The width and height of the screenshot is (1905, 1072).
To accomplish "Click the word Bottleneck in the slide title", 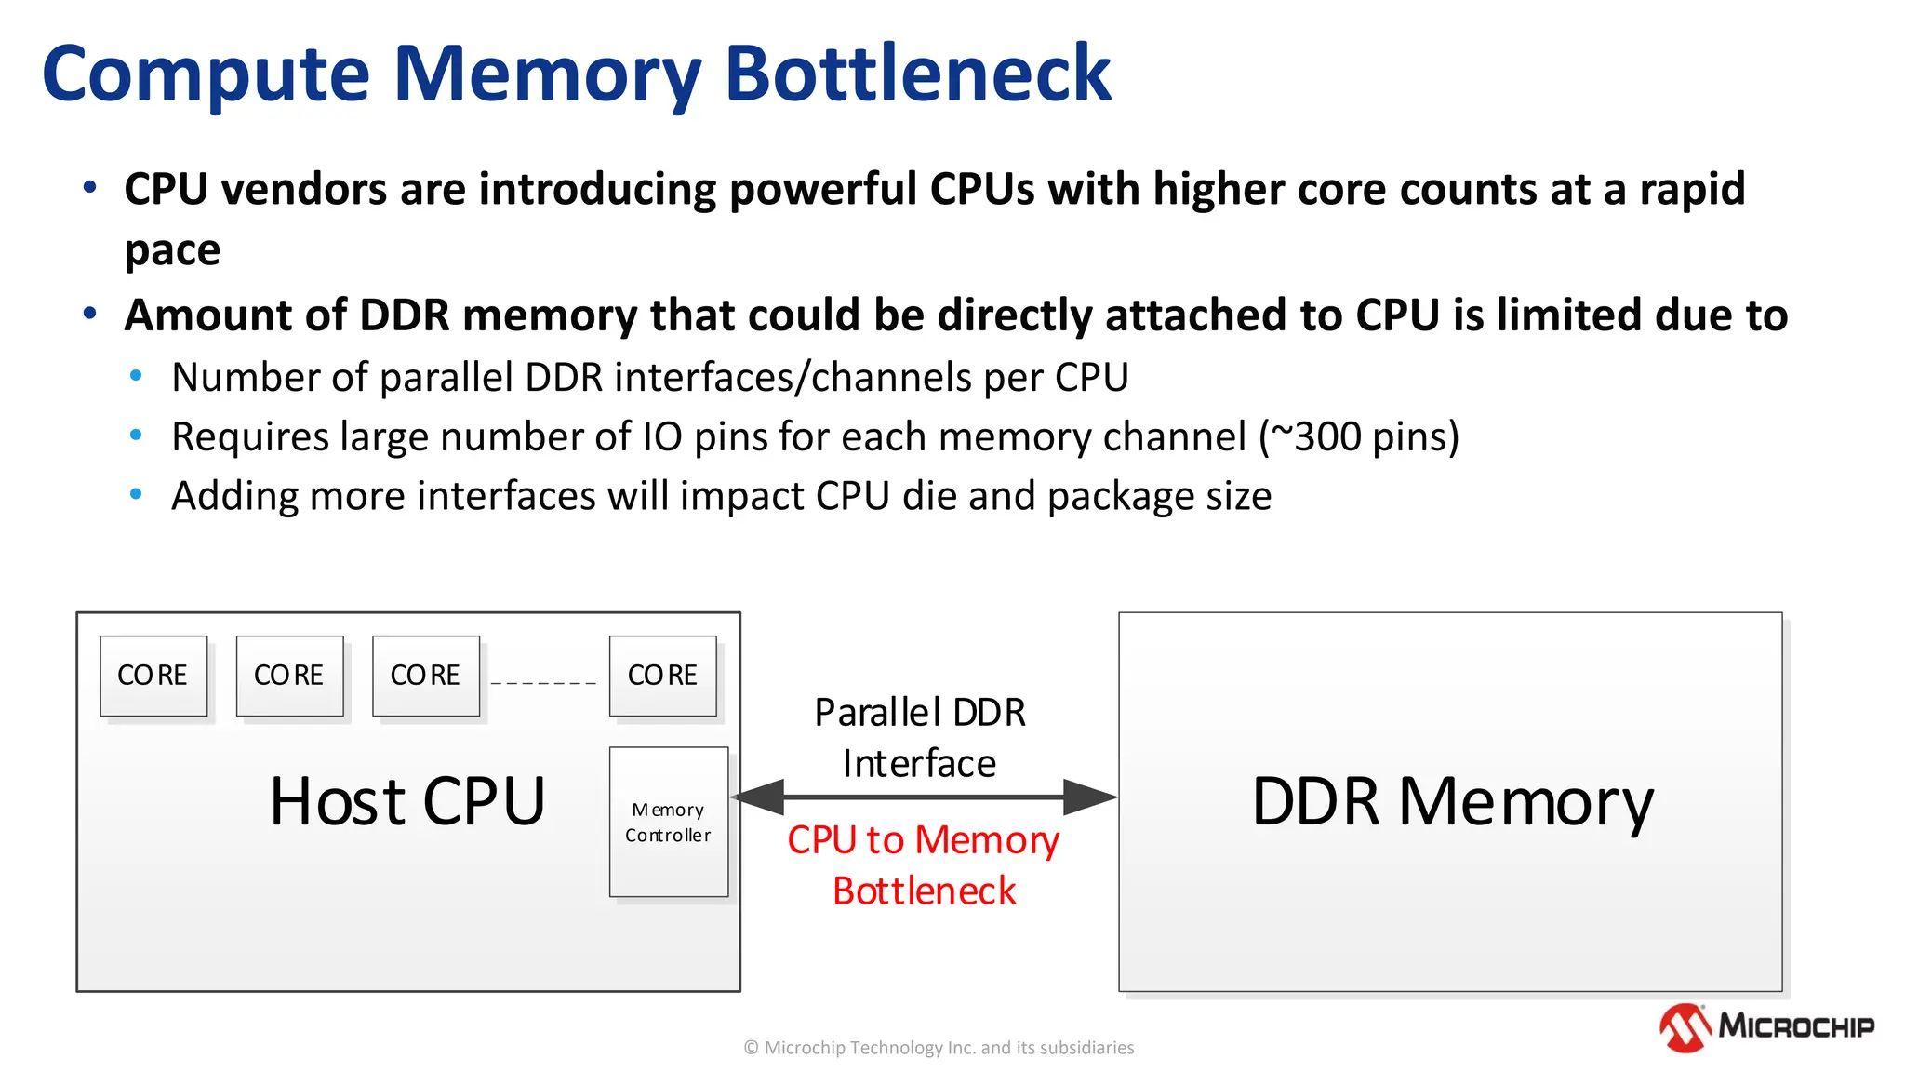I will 917,74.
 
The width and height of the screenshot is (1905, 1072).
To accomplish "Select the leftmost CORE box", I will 153,676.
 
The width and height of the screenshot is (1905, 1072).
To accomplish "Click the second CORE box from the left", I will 289,676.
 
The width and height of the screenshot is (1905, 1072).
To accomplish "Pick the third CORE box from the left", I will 426,676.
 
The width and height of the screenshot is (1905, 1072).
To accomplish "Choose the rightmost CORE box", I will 662,676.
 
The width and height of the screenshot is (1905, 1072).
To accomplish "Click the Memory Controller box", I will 668,822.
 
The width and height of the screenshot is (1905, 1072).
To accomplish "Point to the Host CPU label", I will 407,801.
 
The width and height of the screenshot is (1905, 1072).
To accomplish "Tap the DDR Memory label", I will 1452,801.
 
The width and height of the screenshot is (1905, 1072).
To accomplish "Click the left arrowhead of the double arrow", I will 759,797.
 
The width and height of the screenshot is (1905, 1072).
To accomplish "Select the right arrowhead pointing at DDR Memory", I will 1089,797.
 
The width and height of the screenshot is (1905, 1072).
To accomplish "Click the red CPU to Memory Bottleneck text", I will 924,864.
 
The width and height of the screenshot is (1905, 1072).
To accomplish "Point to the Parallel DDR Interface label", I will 920,737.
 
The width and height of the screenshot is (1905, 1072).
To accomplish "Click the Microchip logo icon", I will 1685,1027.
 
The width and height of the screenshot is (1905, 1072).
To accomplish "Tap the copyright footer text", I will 939,1048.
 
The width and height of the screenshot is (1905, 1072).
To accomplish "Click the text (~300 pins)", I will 1359,436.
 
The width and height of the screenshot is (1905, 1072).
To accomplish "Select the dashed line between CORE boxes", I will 543,683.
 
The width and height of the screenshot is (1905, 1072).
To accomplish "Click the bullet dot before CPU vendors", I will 90,188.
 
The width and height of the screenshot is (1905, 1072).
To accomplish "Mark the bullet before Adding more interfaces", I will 137,495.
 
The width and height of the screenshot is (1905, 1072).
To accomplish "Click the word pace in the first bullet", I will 173,250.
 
